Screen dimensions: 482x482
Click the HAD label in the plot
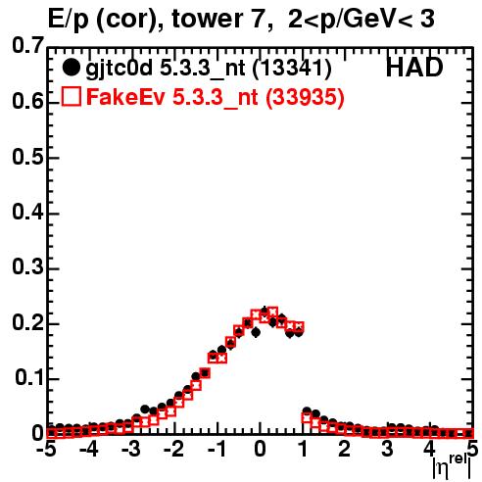[x=414, y=68]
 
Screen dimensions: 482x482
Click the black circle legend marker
[x=71, y=68]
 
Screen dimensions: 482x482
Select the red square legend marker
[x=71, y=96]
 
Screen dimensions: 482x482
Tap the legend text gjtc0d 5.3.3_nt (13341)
[x=209, y=69]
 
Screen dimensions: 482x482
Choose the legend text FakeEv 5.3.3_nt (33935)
[x=216, y=97]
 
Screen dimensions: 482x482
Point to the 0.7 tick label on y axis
[x=27, y=46]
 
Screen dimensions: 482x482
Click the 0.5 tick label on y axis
[x=27, y=157]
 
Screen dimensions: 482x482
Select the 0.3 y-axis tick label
[x=27, y=267]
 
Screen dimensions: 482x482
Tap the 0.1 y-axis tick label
[x=29, y=378]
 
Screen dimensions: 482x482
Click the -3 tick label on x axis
[x=130, y=449]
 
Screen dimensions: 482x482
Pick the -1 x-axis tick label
[x=217, y=449]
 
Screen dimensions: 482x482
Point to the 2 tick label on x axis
[x=344, y=449]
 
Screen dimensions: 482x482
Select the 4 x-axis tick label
[x=429, y=449]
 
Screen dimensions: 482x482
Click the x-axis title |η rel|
[x=452, y=467]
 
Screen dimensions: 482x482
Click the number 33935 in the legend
[x=305, y=97]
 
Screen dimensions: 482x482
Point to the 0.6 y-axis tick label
[x=27, y=101]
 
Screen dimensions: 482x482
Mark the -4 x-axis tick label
[x=88, y=449]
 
